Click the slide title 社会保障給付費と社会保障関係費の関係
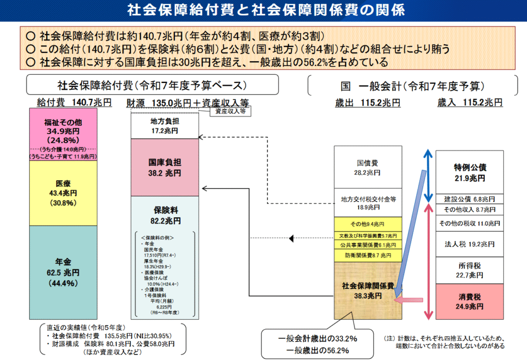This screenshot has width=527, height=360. click(263, 10)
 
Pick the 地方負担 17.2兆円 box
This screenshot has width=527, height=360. click(165, 127)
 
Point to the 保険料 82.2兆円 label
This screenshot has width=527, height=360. click(165, 215)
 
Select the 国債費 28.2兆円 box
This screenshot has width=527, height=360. click(367, 168)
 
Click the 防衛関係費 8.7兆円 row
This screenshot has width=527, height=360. click(367, 255)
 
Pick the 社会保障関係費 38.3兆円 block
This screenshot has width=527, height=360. click(367, 290)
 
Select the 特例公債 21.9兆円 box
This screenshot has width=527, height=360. click(470, 173)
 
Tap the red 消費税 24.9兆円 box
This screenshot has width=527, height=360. click(470, 301)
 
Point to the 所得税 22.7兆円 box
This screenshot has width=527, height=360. click(470, 270)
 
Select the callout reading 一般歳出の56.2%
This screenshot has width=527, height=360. click(314, 351)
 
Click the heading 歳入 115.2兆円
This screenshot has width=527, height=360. click(470, 102)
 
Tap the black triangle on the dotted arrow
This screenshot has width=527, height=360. click(291, 238)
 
